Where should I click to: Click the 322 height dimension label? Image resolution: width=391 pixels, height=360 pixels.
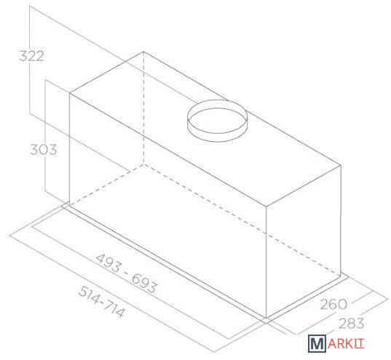click(x=31, y=56)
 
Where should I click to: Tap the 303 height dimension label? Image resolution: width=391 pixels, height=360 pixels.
click(x=44, y=150)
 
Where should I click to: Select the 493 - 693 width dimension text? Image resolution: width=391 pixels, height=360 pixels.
click(x=127, y=273)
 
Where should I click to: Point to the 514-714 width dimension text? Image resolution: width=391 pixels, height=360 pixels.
click(x=101, y=301)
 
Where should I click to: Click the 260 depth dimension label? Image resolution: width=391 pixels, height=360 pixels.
click(x=333, y=304)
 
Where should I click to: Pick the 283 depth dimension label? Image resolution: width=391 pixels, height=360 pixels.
click(x=351, y=323)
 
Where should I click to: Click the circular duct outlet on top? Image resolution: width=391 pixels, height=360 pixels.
click(x=217, y=121)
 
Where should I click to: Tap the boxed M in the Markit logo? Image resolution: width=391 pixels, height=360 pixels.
click(x=317, y=343)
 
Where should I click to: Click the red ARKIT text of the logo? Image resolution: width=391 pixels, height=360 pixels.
click(x=346, y=343)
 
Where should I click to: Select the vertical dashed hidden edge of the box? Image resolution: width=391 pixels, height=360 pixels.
click(x=143, y=108)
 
